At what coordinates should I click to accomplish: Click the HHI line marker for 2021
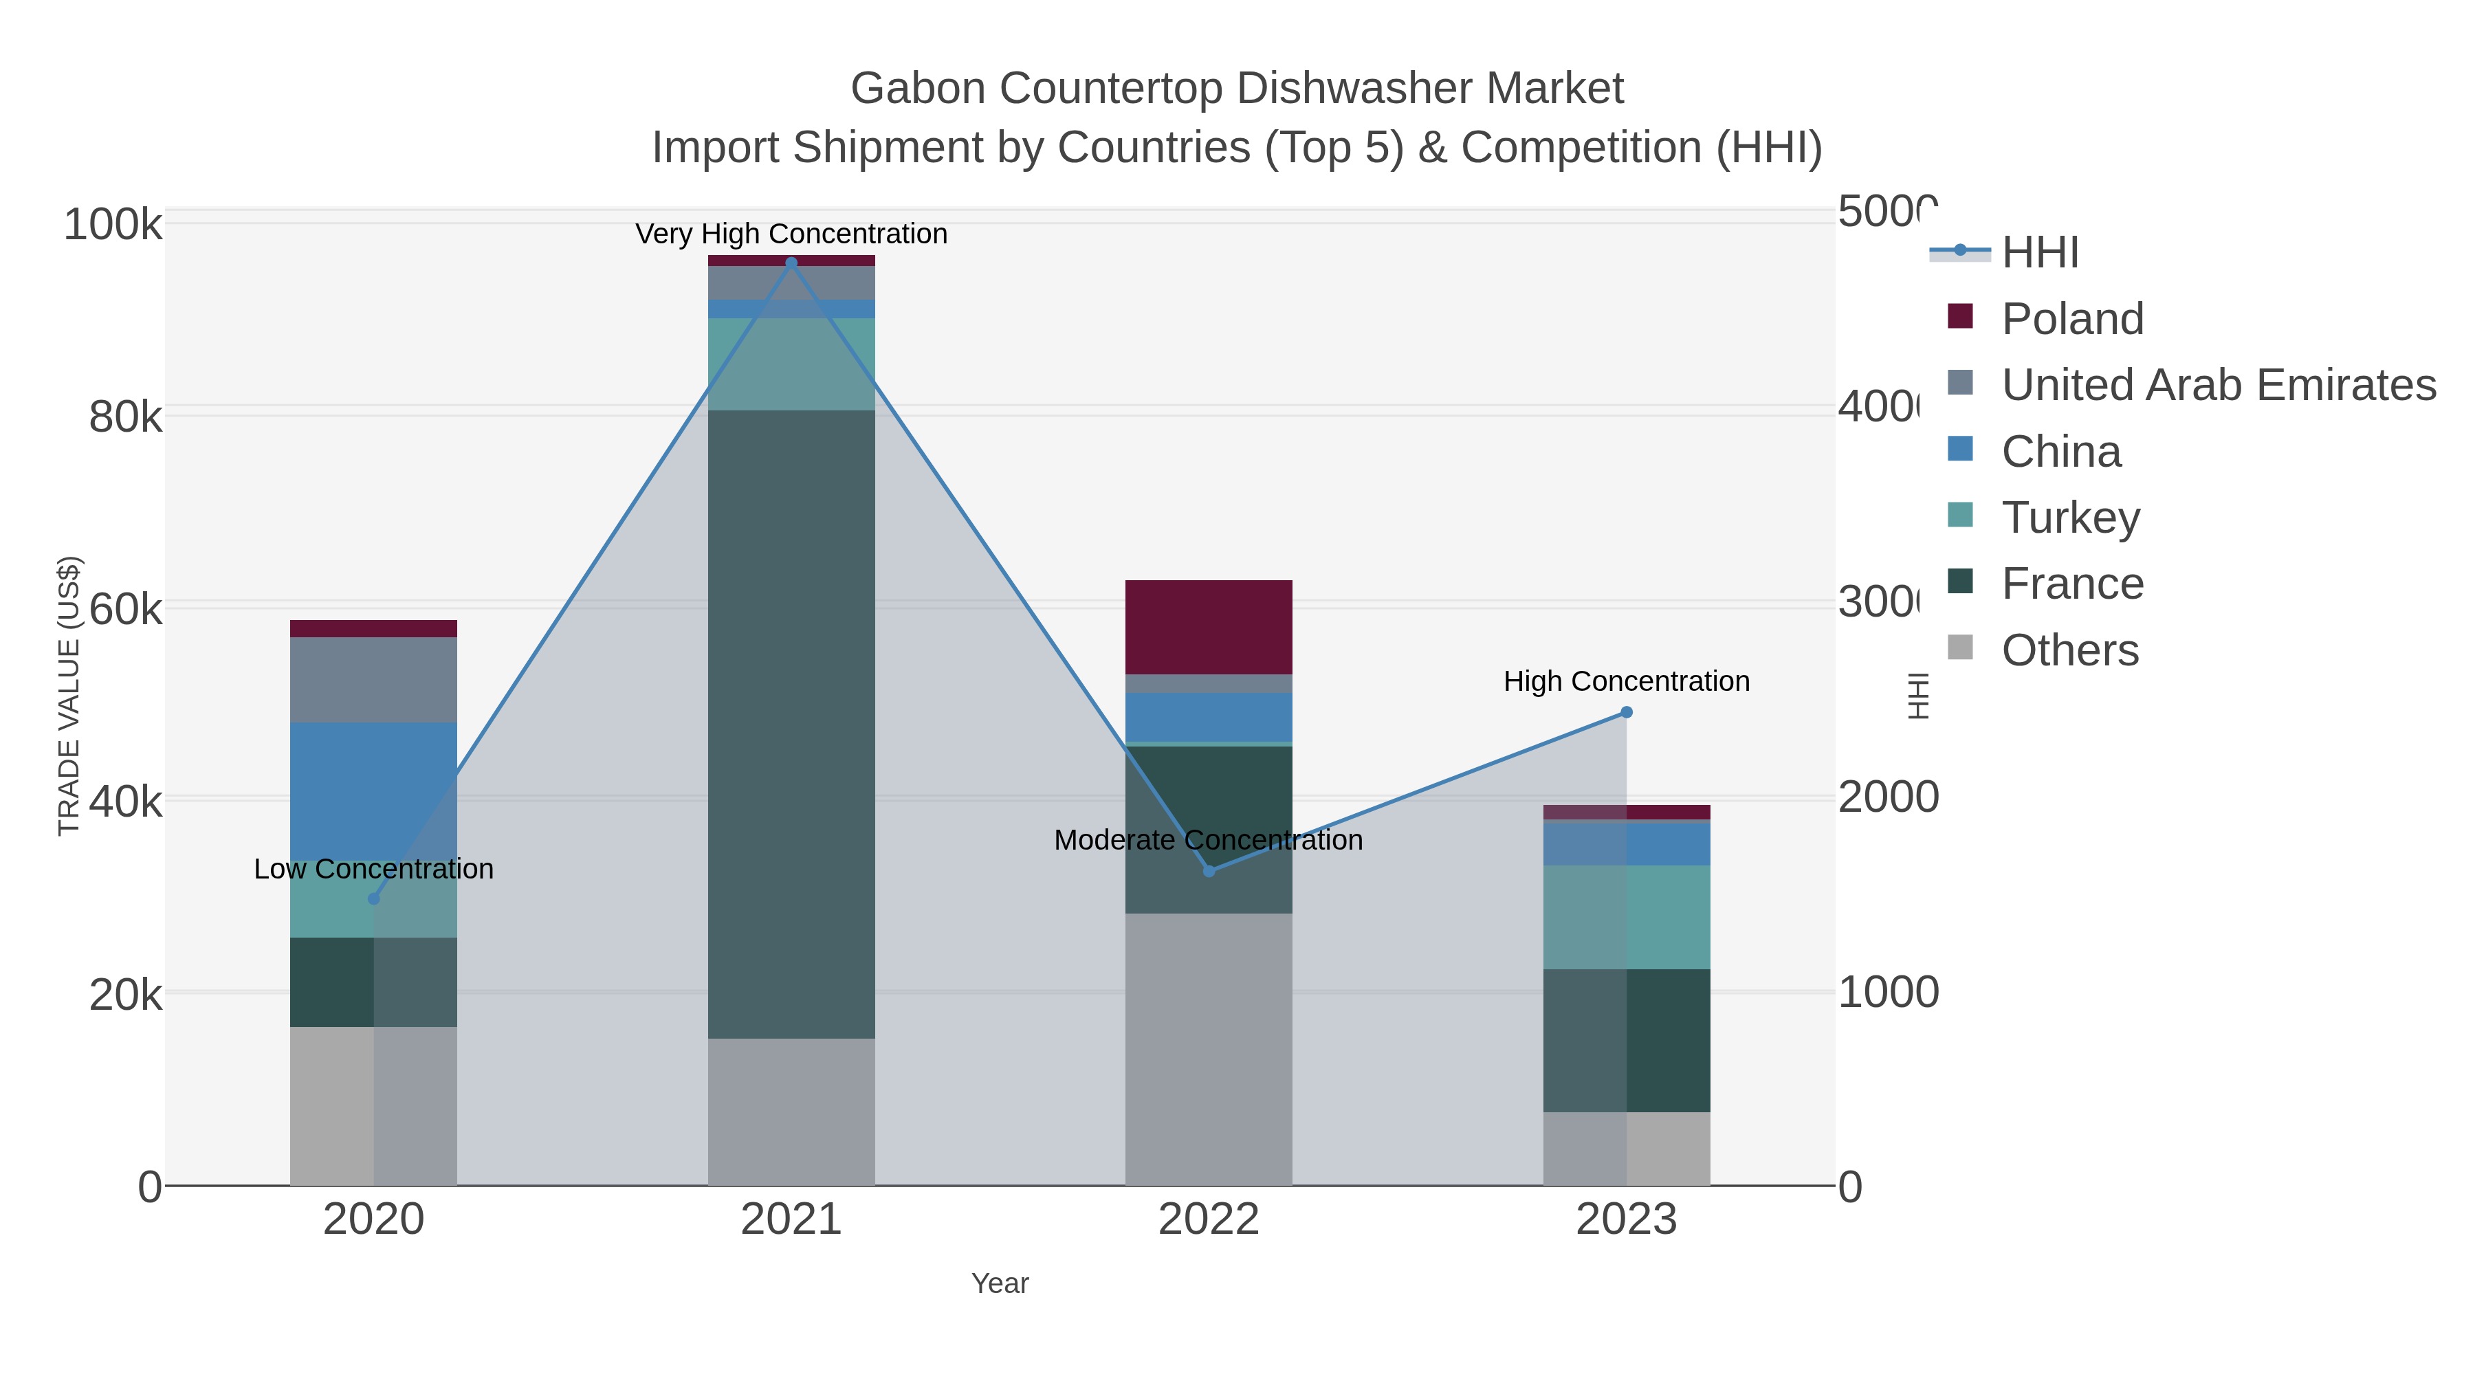pyautogui.click(x=791, y=263)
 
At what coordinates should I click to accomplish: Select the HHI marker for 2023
pyautogui.click(x=1626, y=712)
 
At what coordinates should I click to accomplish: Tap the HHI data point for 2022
pyautogui.click(x=1209, y=870)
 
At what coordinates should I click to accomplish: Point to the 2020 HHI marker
pyautogui.click(x=374, y=898)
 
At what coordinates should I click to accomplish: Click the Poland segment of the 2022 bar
pyautogui.click(x=1209, y=628)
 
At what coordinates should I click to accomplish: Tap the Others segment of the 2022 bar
pyautogui.click(x=1209, y=1048)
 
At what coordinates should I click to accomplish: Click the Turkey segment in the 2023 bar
pyautogui.click(x=1626, y=918)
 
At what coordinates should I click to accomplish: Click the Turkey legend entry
pyautogui.click(x=2071, y=518)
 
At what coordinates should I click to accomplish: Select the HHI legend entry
pyautogui.click(x=2040, y=253)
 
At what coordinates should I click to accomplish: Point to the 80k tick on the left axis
pyautogui.click(x=125, y=417)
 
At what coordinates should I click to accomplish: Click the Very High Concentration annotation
pyautogui.click(x=791, y=234)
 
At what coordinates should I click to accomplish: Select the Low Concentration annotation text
pyautogui.click(x=374, y=868)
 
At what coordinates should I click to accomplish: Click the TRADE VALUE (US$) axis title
pyautogui.click(x=69, y=696)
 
